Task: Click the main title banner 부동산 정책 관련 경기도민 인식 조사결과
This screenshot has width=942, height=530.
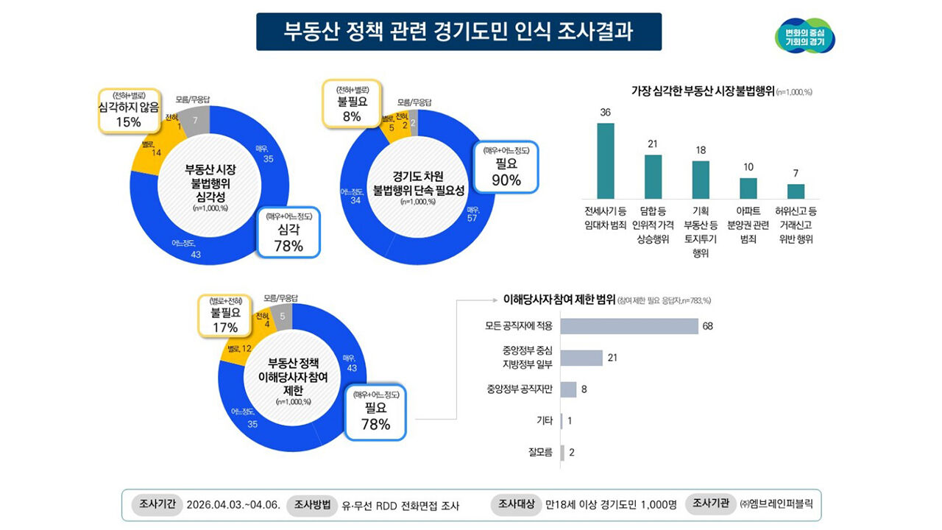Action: click(458, 32)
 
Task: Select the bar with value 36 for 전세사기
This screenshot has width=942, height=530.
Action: click(605, 160)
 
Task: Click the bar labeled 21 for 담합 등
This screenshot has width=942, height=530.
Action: click(653, 177)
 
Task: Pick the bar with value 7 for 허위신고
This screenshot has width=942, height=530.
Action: click(796, 191)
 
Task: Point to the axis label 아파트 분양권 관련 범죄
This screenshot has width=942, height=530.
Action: click(748, 225)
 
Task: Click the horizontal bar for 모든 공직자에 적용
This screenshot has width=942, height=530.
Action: click(629, 326)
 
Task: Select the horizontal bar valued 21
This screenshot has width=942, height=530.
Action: click(581, 358)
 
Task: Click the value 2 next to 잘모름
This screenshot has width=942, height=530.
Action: click(571, 453)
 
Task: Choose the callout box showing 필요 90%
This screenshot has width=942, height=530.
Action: click(506, 168)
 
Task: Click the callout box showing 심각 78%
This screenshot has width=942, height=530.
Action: click(288, 232)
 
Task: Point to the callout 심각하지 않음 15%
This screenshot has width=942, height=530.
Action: click(128, 110)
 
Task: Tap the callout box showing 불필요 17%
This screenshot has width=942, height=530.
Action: click(224, 315)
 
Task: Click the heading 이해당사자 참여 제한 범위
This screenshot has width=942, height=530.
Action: click(559, 300)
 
